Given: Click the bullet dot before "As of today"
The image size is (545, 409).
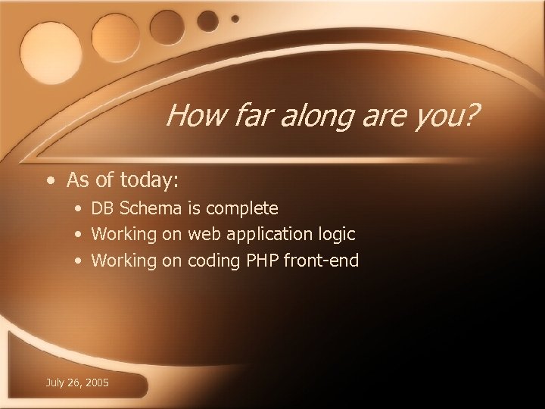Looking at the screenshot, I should click(x=49, y=181).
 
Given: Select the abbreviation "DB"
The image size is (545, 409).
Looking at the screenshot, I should click(x=103, y=208).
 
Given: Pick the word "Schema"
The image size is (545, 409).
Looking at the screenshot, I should click(x=151, y=208).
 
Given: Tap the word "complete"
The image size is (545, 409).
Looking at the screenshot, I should click(x=242, y=208).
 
